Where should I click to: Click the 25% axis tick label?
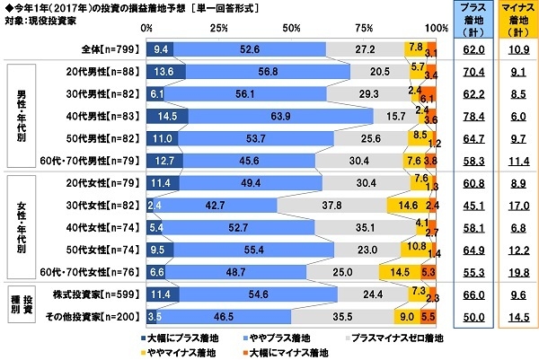pos(216,29)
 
